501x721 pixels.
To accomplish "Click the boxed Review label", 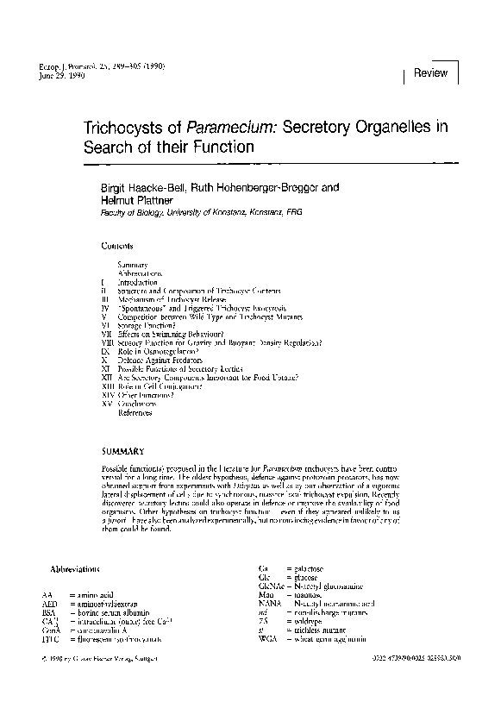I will click(430, 73).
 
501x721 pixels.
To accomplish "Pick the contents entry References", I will click(135, 412).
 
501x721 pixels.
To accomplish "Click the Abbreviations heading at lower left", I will click(76, 570).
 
